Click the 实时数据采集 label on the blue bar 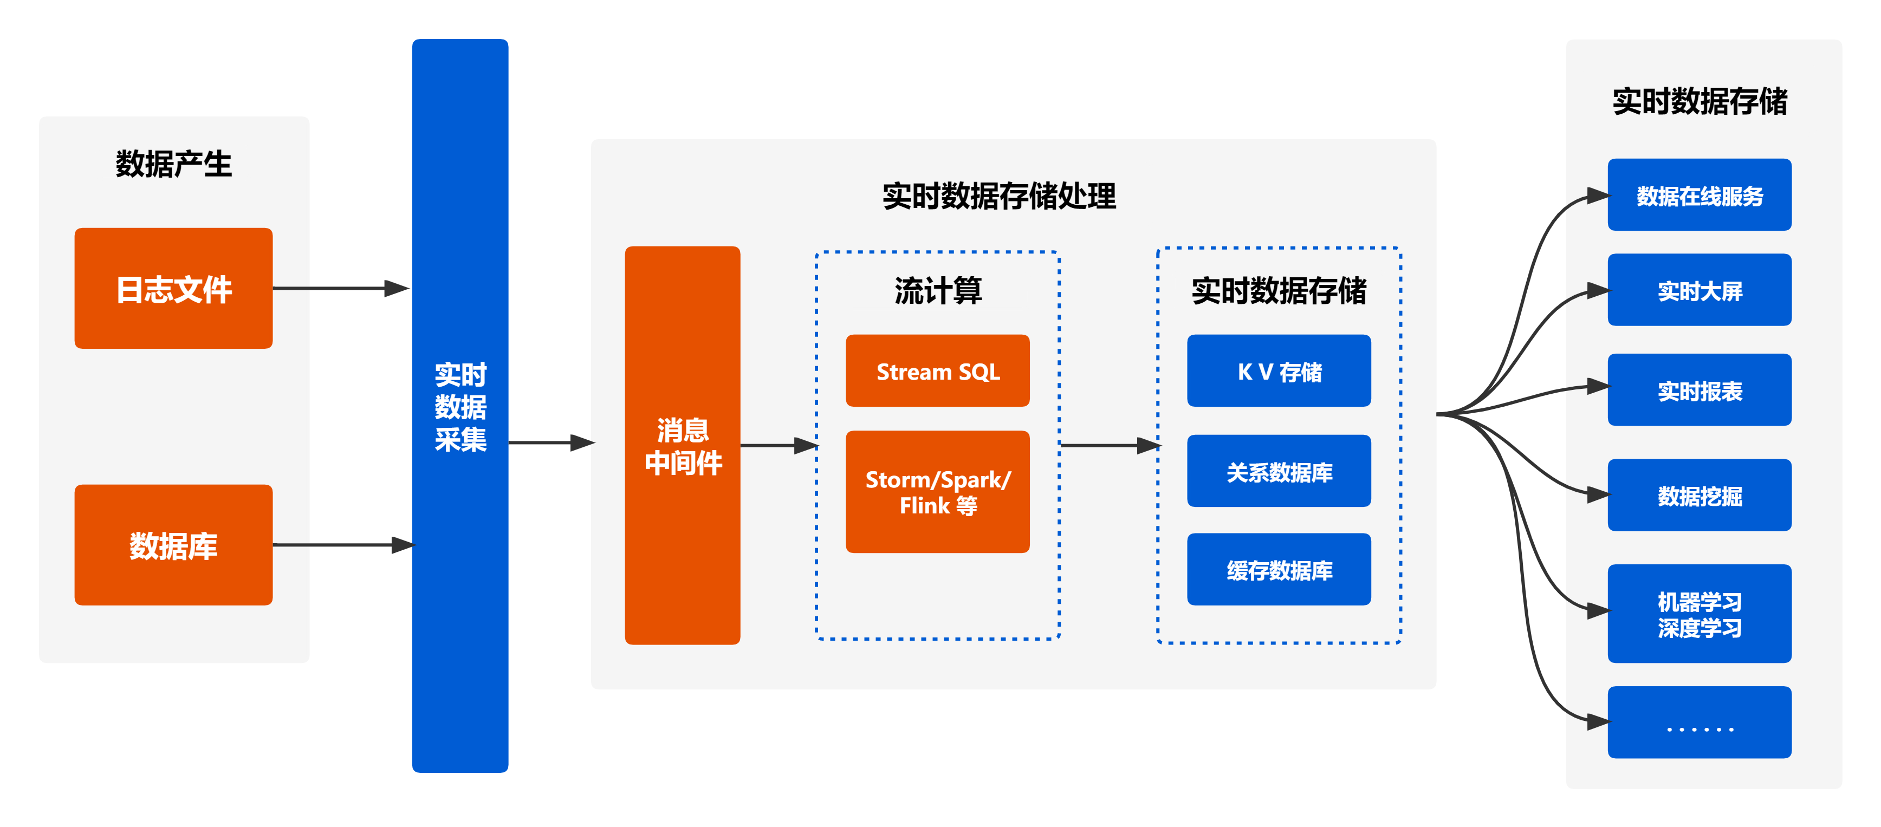tap(460, 407)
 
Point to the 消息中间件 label tap(683, 446)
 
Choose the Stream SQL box tap(938, 371)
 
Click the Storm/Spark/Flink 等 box tap(938, 492)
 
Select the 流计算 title tap(938, 290)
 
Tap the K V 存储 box tap(1279, 371)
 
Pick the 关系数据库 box tap(1279, 472)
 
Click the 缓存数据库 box tap(1279, 569)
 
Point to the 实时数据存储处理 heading tap(999, 196)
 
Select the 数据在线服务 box tap(1699, 195)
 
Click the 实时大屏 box tap(1699, 290)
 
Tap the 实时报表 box tap(1699, 390)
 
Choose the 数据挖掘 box tap(1699, 495)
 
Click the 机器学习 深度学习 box tap(1699, 614)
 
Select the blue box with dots tap(1699, 722)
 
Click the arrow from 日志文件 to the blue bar tap(340, 288)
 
